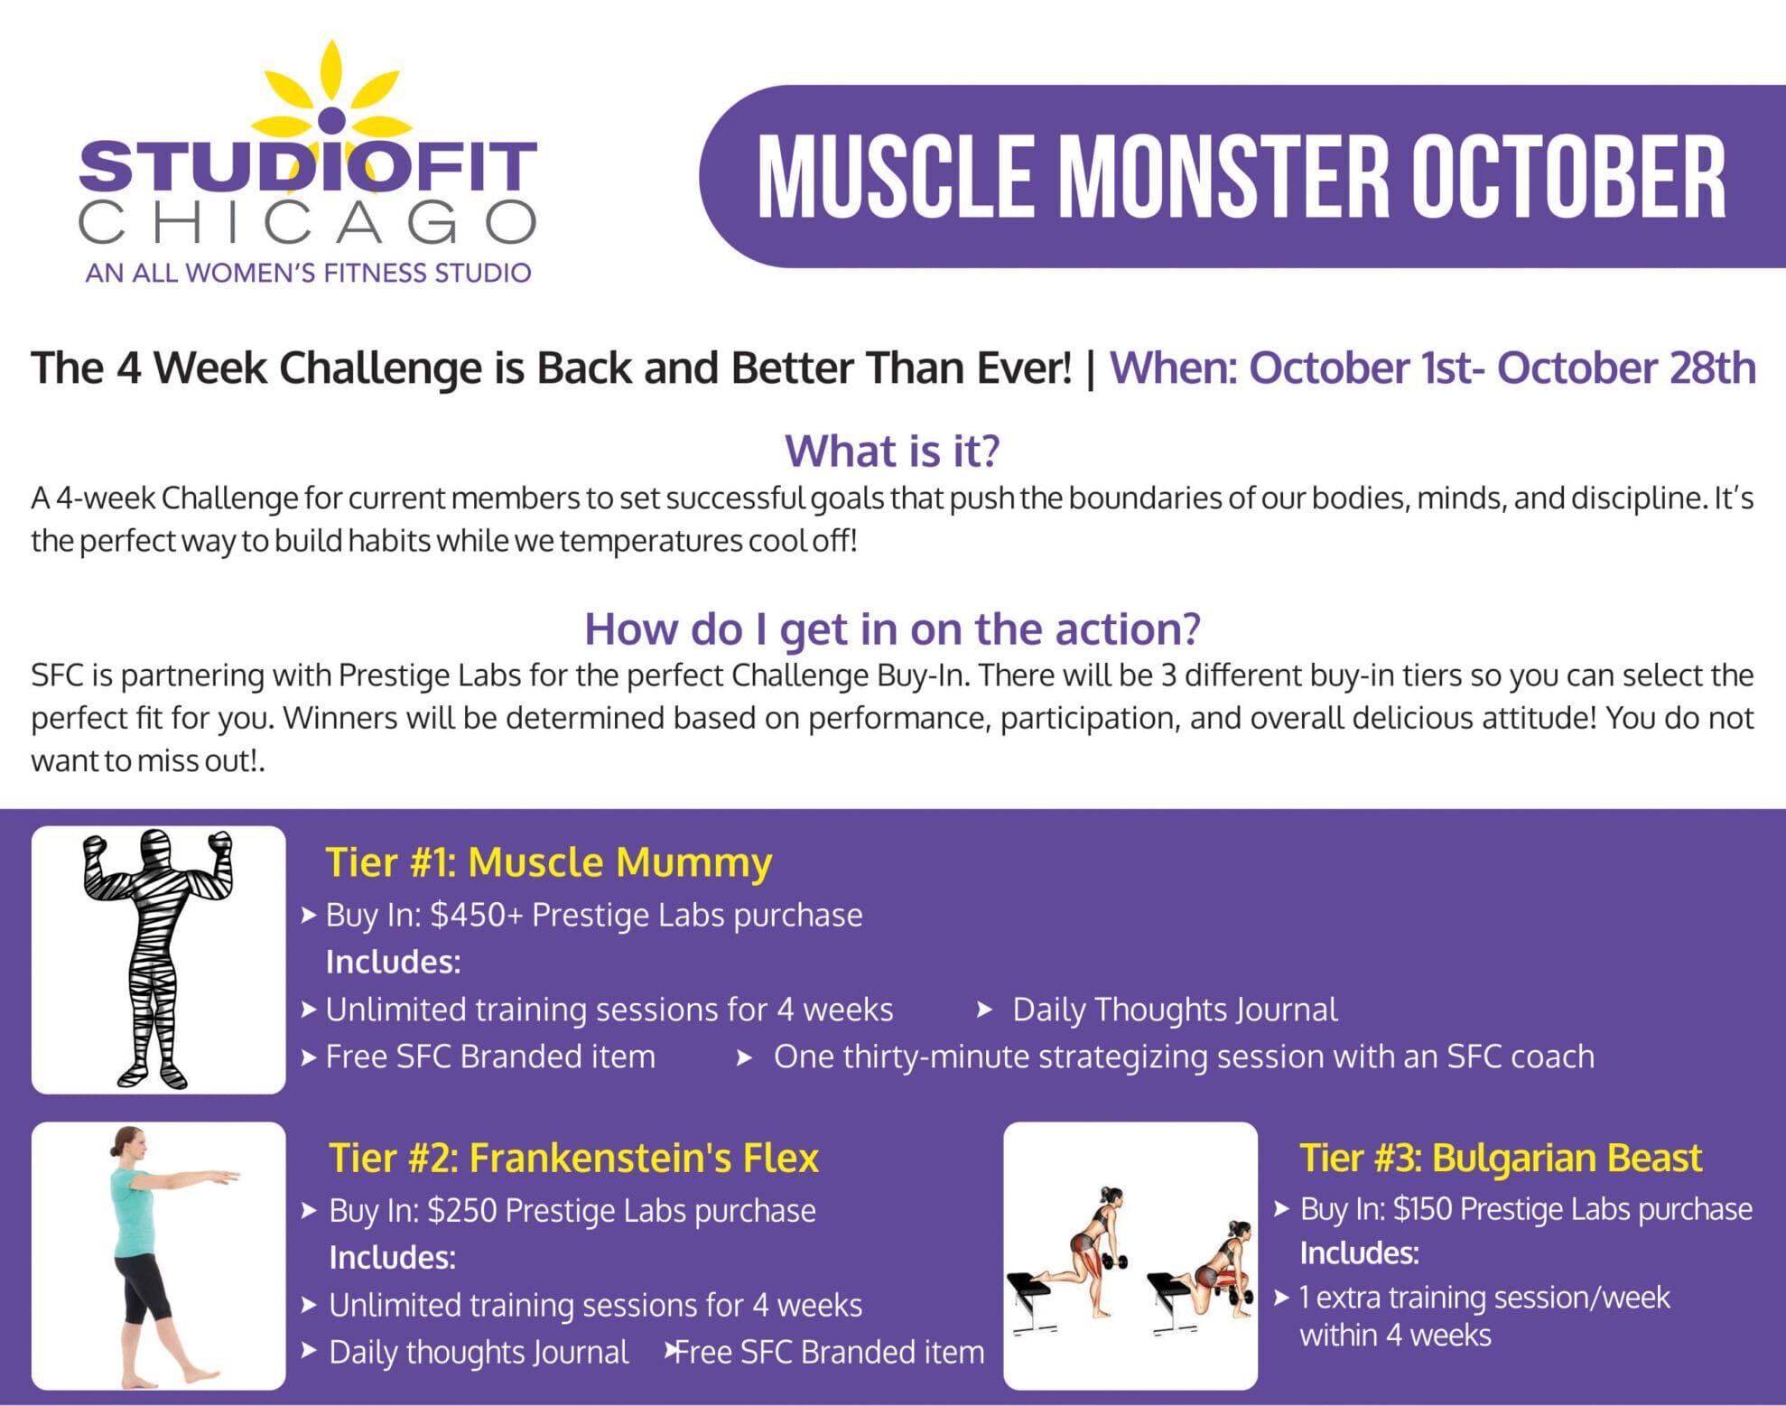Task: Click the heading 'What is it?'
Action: pyautogui.click(x=892, y=451)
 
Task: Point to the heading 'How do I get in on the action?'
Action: pyautogui.click(x=892, y=629)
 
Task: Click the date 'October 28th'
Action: pyautogui.click(x=1626, y=368)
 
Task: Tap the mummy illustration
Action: pyautogui.click(x=158, y=959)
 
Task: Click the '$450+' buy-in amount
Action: pyautogui.click(x=477, y=915)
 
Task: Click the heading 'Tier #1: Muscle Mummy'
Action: pyautogui.click(x=548, y=862)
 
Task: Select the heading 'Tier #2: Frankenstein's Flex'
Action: pyautogui.click(x=573, y=1158)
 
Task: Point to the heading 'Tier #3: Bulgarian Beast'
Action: pyautogui.click(x=1501, y=1158)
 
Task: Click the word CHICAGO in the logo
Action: pyautogui.click(x=308, y=222)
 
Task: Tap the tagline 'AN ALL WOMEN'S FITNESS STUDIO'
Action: pyautogui.click(x=308, y=273)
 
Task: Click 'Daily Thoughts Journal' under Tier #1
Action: pyautogui.click(x=1175, y=1010)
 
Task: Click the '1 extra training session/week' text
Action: pyautogui.click(x=1484, y=1298)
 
